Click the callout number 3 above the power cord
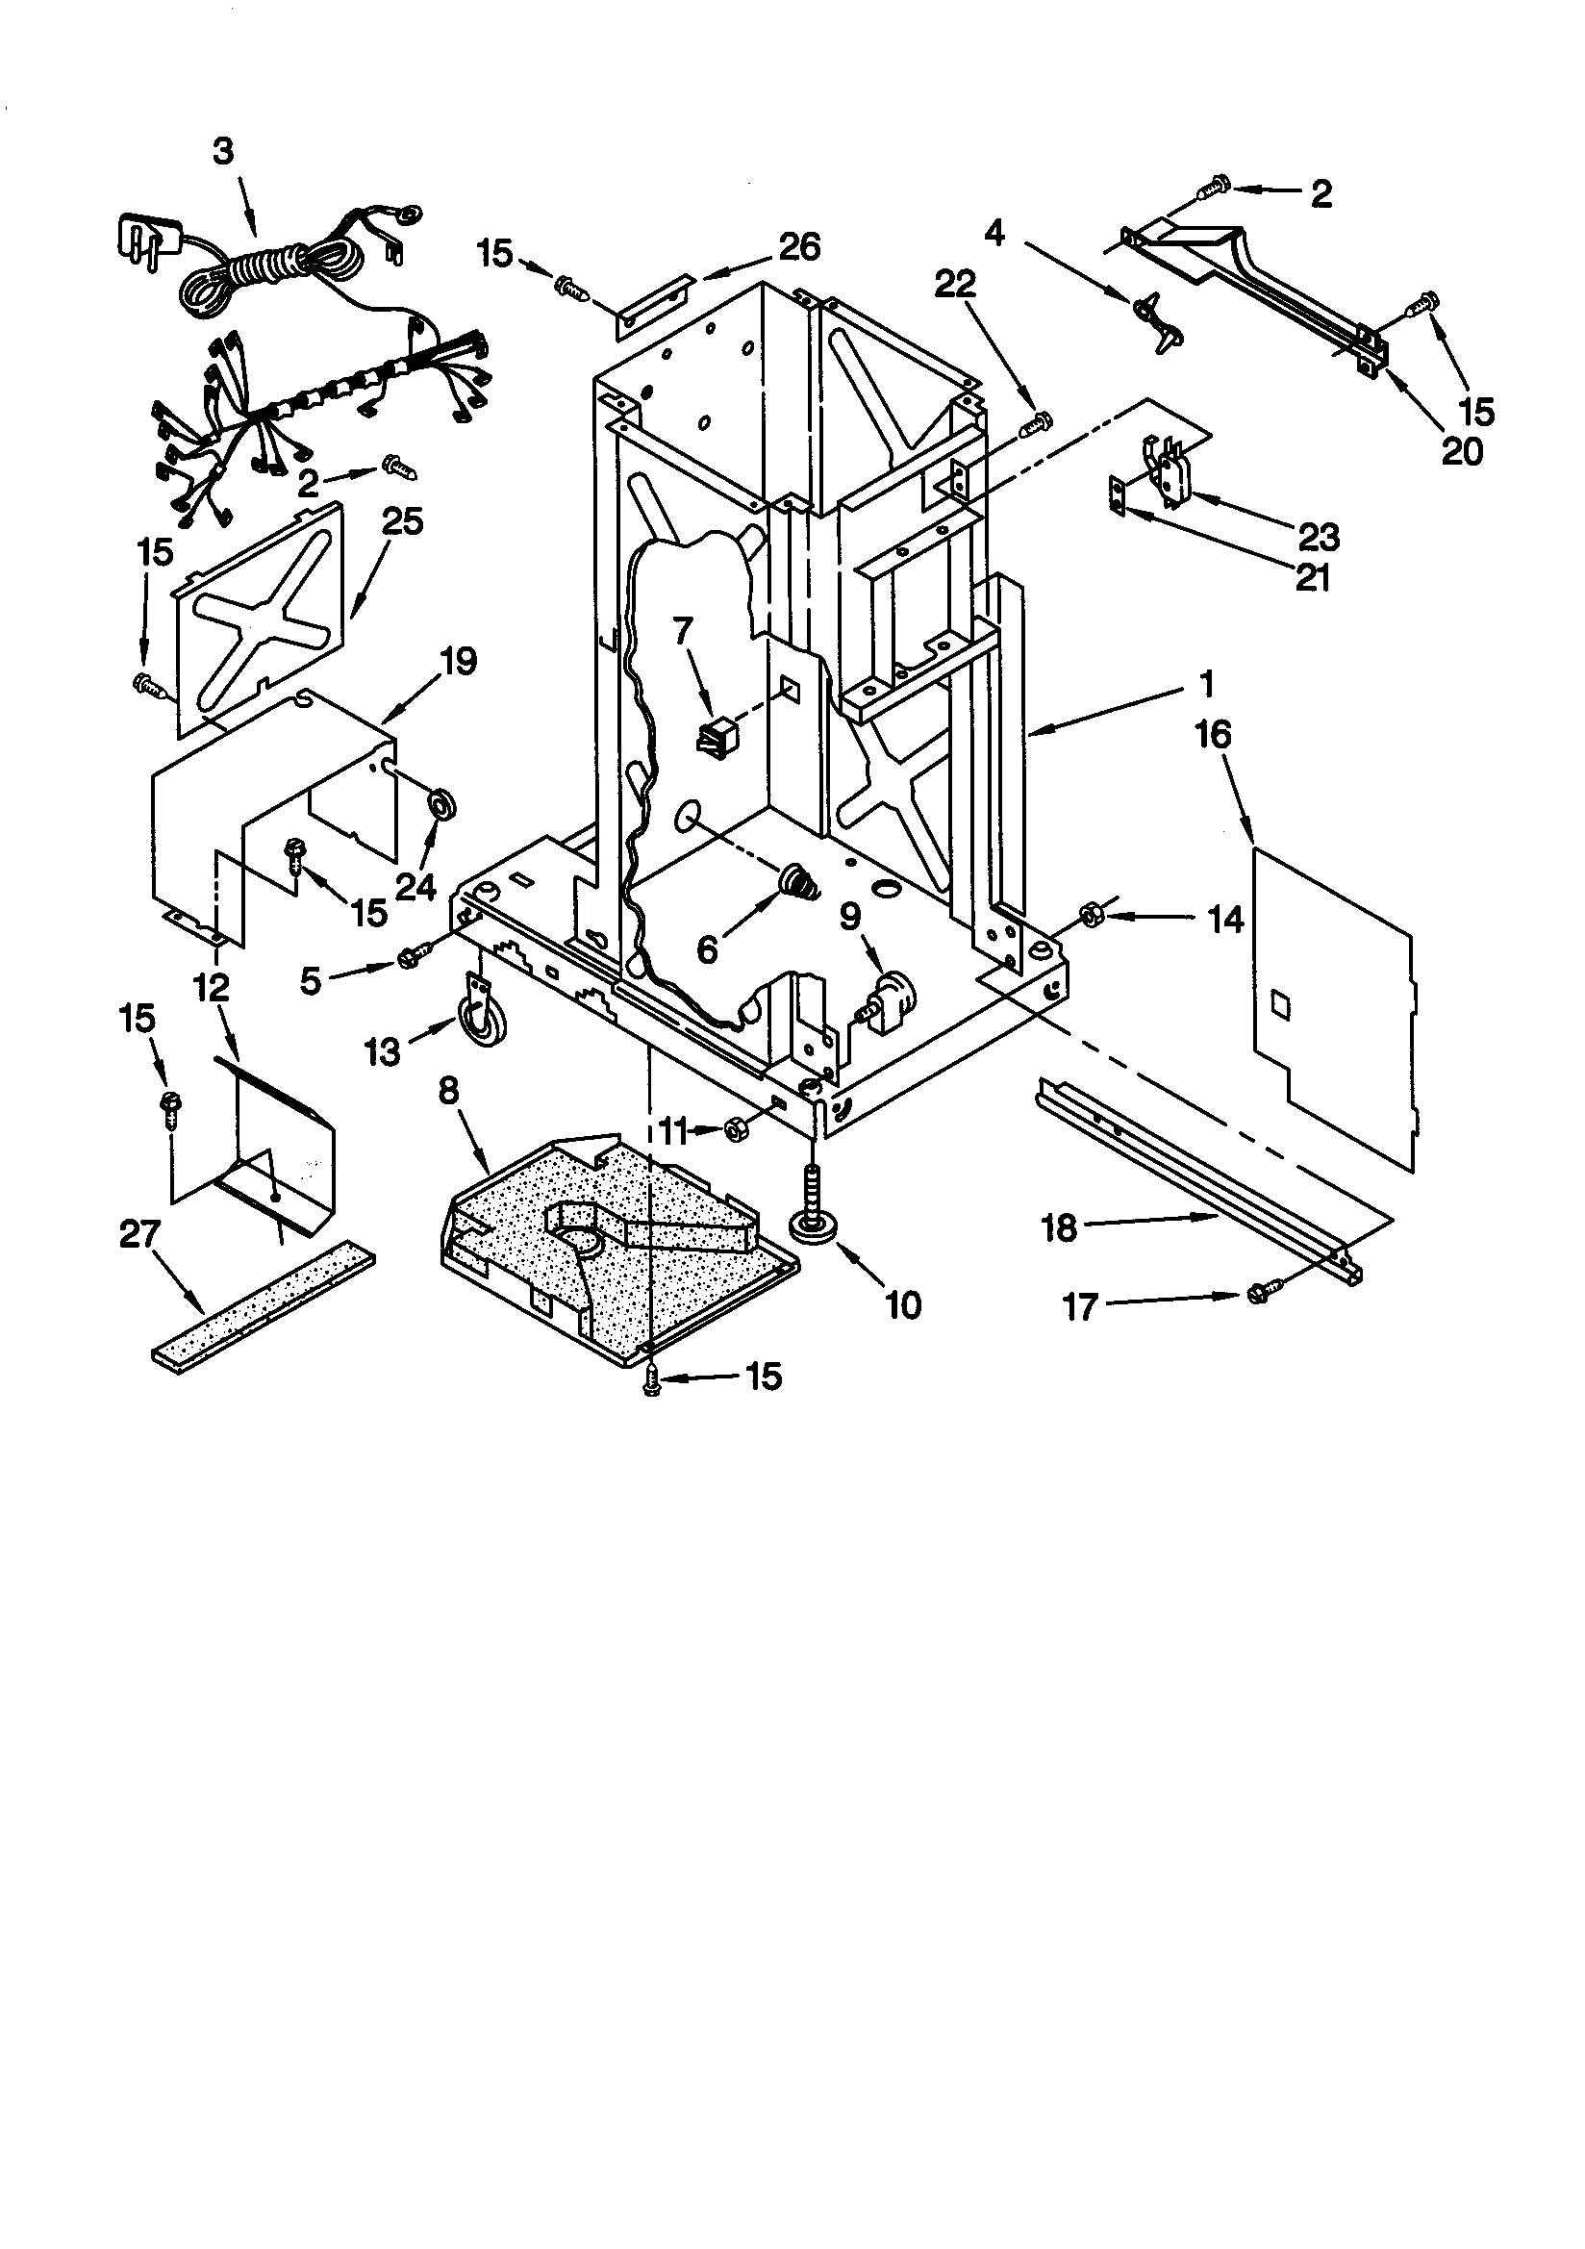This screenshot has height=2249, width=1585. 224,152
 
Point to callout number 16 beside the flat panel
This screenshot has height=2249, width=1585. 1214,735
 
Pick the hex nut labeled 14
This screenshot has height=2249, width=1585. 1087,915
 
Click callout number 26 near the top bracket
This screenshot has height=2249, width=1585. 798,248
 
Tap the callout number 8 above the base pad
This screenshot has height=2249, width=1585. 447,1092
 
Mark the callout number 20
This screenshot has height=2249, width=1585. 1462,450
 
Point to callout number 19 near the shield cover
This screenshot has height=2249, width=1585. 457,662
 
